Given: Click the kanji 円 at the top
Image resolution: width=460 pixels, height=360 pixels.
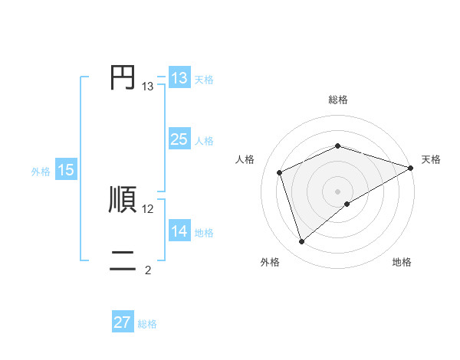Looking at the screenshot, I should point(123,77).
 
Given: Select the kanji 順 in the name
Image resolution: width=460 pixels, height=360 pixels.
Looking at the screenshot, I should point(123,199).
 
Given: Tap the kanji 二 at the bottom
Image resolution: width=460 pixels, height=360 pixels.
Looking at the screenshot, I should point(123,260).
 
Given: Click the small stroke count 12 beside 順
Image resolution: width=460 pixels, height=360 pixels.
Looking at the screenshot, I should point(148,208).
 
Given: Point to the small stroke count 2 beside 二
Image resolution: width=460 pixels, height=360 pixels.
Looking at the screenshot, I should point(148,270).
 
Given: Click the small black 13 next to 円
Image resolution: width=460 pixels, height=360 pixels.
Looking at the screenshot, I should point(148,87).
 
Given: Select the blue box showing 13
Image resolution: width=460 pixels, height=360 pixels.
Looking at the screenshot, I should point(179,78).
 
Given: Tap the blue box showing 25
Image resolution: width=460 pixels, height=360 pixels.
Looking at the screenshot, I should point(179,139).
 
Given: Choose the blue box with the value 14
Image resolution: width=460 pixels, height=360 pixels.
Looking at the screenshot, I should point(179,231).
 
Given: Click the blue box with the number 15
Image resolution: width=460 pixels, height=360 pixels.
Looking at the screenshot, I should point(66,170).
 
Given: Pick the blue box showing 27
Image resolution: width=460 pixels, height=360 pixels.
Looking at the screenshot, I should point(123,322).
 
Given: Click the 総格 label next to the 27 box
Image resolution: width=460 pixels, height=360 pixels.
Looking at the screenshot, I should point(147,324).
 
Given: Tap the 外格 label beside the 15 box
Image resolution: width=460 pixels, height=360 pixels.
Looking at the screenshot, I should point(41,172).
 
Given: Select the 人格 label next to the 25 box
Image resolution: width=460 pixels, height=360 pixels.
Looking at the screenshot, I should point(204,141).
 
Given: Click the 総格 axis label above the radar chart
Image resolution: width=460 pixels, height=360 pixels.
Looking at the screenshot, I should point(337,100).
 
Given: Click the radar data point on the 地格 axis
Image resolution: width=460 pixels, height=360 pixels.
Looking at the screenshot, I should point(347,204).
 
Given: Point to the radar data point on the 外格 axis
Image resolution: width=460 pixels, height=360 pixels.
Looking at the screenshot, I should point(301,242).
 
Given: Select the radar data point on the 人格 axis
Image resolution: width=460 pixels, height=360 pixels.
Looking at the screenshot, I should point(280,172).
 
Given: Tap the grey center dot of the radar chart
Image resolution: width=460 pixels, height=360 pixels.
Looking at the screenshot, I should point(337,191).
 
